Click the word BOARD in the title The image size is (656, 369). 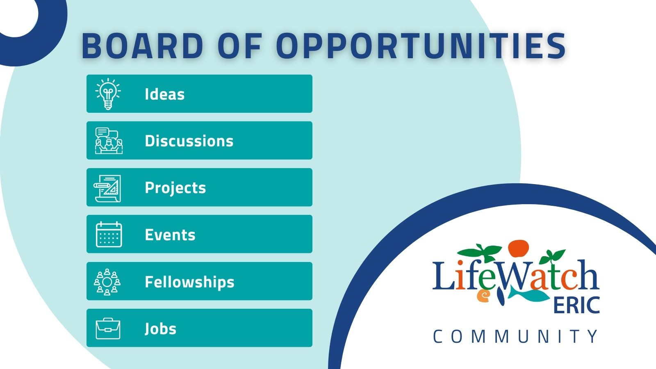142,46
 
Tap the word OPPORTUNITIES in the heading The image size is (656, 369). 421,46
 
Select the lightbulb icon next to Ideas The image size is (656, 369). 108,94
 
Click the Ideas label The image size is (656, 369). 164,94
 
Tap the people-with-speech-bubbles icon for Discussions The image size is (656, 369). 109,141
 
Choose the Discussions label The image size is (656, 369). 189,141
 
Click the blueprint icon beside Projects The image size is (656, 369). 107,188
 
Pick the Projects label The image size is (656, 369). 175,188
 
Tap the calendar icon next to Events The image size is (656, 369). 109,234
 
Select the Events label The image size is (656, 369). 170,235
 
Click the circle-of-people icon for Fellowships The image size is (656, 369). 107,281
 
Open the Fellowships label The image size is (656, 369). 189,282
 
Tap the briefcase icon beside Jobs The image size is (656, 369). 108,328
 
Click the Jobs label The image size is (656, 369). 160,328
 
